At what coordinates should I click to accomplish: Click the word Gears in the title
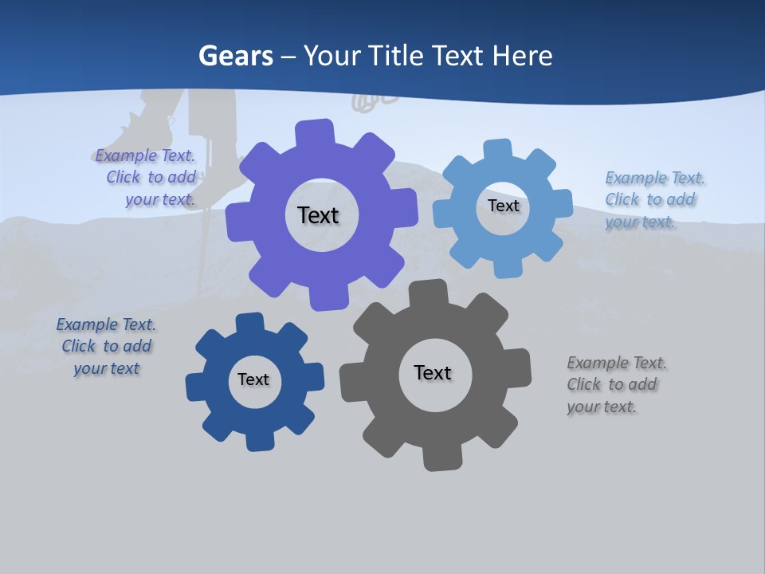coord(235,56)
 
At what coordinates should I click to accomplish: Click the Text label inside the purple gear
coord(318,215)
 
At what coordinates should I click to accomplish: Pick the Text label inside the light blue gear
coord(503,206)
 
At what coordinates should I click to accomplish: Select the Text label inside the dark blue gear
coord(253,379)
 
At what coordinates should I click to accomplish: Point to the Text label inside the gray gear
coord(433,372)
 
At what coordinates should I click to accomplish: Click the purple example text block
coord(147,178)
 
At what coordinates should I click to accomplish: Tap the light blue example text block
coord(653,199)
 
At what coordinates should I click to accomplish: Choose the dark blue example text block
coord(107,346)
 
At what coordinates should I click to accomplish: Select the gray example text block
coord(615,384)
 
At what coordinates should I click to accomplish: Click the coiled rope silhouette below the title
coord(373,100)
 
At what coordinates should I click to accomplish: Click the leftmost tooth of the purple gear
coord(237,220)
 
